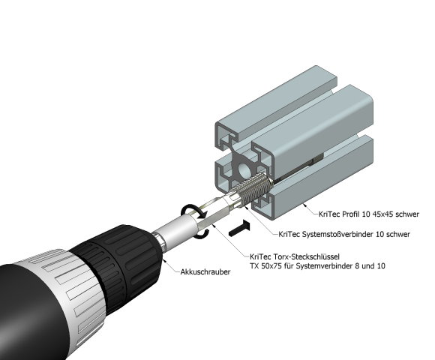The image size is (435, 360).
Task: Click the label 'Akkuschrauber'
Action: (205, 271)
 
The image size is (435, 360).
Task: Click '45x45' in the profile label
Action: (375, 214)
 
